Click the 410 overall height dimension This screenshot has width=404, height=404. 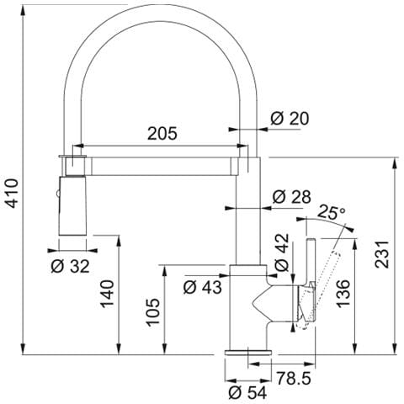(13, 193)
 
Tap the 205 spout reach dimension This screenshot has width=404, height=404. (162, 133)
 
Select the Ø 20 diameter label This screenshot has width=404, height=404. (290, 118)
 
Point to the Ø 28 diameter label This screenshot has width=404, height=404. (292, 197)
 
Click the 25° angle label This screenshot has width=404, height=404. (332, 212)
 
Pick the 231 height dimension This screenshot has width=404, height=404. (383, 254)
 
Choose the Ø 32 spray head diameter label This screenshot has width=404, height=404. (70, 266)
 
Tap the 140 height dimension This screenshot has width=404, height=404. (108, 294)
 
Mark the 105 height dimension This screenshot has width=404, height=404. (153, 312)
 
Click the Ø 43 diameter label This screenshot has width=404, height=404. (203, 287)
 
